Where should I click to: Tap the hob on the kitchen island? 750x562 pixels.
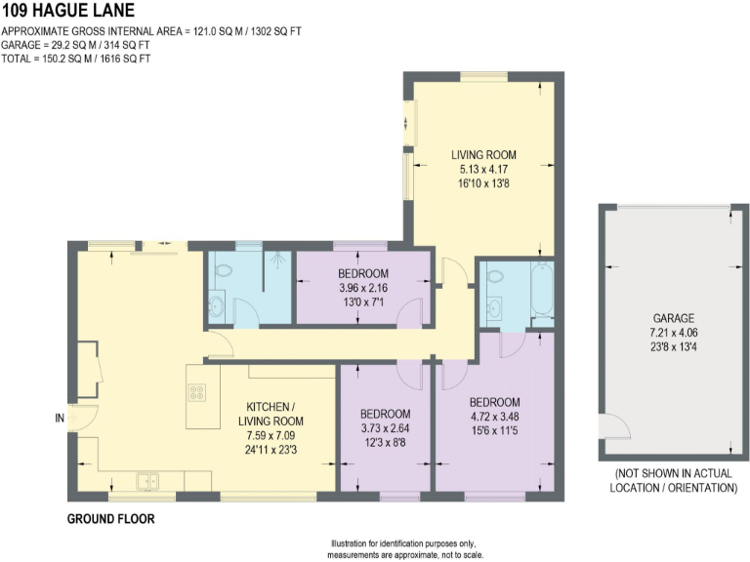(196, 393)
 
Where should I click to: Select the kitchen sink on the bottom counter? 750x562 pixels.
(148, 480)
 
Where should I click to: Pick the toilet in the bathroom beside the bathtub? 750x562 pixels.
(495, 277)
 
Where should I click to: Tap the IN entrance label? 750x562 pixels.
(61, 420)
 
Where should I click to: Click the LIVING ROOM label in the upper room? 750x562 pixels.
(482, 155)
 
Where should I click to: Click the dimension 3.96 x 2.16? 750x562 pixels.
(363, 288)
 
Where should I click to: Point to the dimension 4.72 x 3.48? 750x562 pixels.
(494, 417)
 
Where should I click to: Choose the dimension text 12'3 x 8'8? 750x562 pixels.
(385, 444)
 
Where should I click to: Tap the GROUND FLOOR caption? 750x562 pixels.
(110, 519)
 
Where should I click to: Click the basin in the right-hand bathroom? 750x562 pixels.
(494, 309)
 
